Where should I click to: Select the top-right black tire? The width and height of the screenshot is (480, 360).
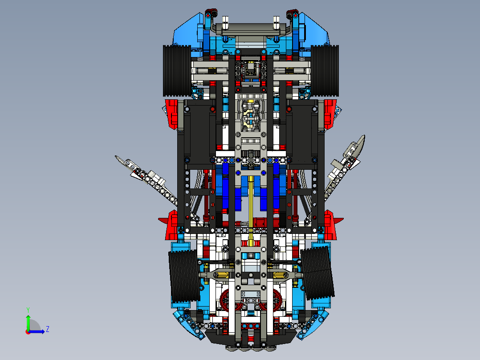coord(325,71)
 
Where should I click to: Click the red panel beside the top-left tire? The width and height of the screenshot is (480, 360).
coord(172,113)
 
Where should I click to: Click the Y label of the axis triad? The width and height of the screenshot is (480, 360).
coord(28,309)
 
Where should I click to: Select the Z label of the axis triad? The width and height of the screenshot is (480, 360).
coord(47,329)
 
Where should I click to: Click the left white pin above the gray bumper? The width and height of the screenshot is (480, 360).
coord(225,22)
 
